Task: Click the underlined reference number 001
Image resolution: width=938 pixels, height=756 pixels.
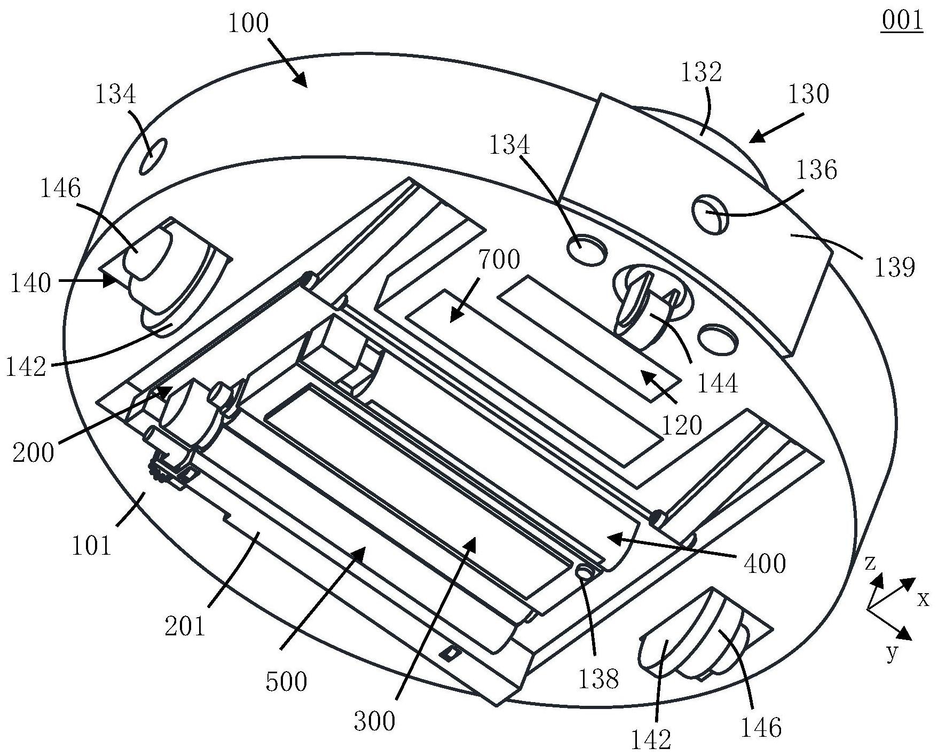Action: (902, 21)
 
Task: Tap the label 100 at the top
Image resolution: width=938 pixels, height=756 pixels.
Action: (249, 24)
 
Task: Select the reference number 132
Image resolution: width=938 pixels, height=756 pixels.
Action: (701, 72)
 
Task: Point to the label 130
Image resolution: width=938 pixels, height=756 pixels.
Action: (809, 94)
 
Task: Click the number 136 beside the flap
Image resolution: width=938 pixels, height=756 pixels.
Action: (817, 170)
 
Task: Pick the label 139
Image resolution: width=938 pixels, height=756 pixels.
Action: (894, 266)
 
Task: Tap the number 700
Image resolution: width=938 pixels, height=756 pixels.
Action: (499, 260)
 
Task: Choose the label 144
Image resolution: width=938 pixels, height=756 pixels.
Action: (718, 383)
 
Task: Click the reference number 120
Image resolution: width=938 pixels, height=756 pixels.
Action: (682, 426)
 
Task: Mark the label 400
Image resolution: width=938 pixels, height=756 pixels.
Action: (765, 563)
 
